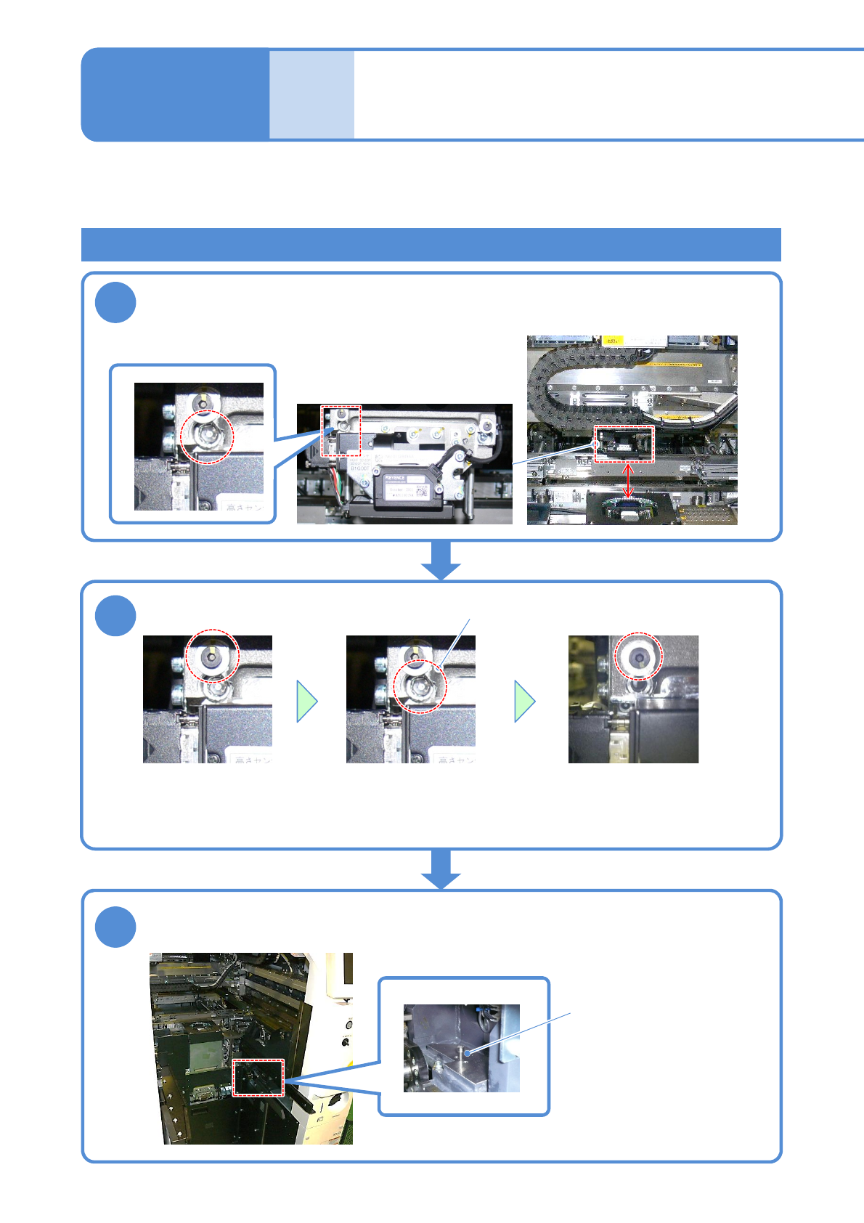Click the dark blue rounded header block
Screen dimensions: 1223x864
click(x=175, y=94)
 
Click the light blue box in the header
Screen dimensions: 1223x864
click(x=311, y=94)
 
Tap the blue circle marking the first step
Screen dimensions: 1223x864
click(x=115, y=303)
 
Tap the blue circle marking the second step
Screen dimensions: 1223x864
click(x=115, y=615)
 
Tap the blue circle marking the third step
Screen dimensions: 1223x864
click(x=115, y=927)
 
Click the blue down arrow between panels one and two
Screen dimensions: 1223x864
click(x=441, y=560)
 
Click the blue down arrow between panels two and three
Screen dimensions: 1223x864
click(x=441, y=869)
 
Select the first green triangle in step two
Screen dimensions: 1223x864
click(x=306, y=702)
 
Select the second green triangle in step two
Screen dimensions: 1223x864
click(x=524, y=702)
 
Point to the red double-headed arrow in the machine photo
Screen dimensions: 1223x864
click(x=629, y=481)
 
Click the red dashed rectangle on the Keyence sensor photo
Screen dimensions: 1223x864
click(x=341, y=431)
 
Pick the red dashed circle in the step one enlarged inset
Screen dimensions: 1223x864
click(x=207, y=436)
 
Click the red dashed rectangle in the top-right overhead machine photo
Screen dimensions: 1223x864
click(x=624, y=444)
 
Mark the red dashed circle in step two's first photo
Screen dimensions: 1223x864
click(x=212, y=656)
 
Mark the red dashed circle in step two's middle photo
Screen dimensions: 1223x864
click(x=420, y=686)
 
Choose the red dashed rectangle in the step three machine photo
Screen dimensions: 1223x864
click(x=258, y=1077)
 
